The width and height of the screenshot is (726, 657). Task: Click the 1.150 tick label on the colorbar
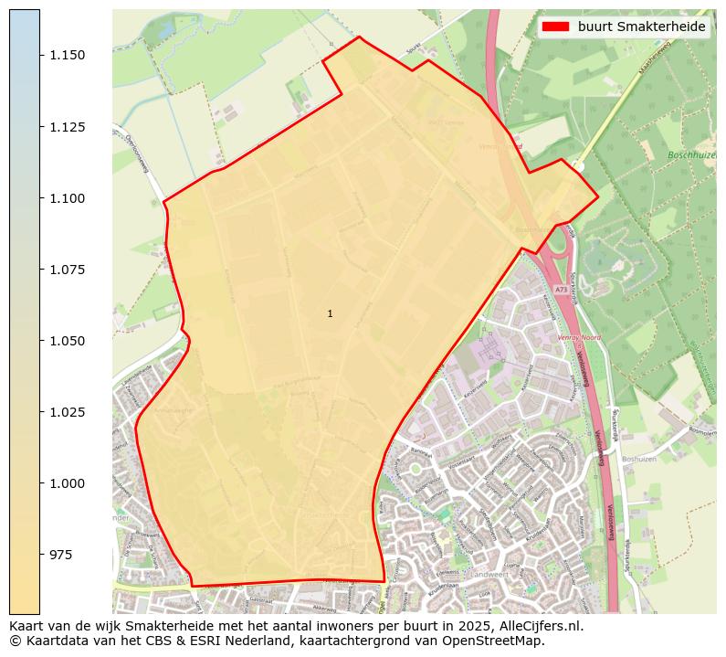[x=68, y=56]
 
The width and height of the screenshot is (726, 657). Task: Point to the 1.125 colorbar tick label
[x=68, y=127]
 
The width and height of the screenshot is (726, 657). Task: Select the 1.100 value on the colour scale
[x=68, y=198]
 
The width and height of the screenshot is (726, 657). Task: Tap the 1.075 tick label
[x=68, y=270]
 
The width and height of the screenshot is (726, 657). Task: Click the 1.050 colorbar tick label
[x=68, y=341]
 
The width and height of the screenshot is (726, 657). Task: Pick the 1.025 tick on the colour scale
[x=68, y=412]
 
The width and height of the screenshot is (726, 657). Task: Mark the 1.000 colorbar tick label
[x=68, y=483]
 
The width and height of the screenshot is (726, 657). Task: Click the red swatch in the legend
[x=555, y=26]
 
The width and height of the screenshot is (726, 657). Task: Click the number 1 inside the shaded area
[x=330, y=313]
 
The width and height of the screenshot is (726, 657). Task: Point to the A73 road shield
[x=560, y=290]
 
